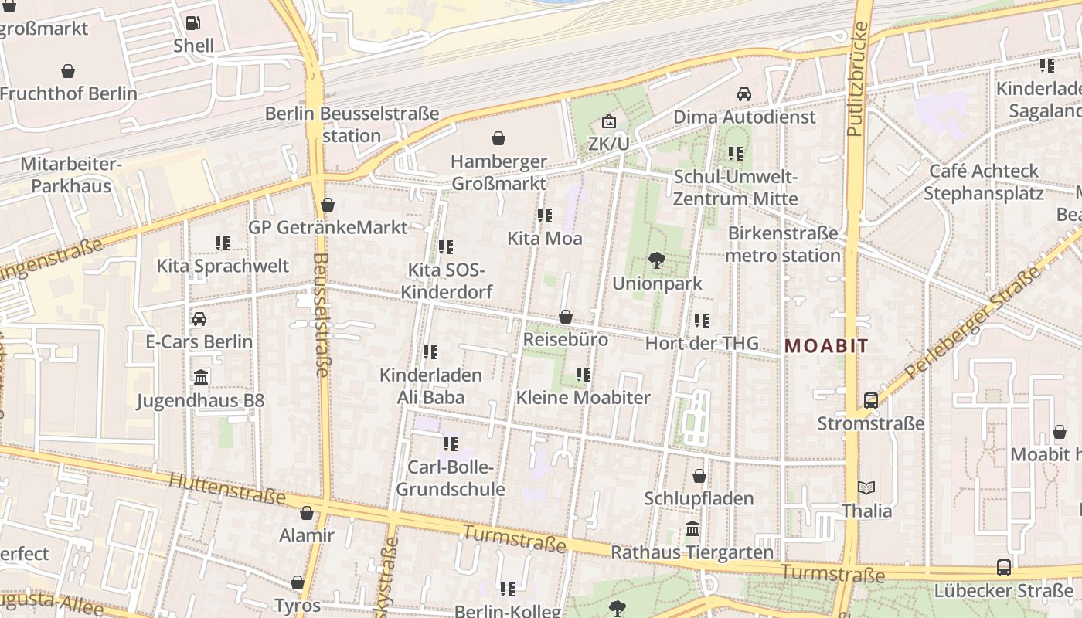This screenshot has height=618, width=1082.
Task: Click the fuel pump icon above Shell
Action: (x=193, y=23)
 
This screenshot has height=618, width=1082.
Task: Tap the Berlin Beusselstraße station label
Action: (x=352, y=124)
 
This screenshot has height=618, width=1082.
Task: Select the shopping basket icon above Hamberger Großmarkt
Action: (x=498, y=138)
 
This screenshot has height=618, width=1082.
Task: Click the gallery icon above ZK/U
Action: (x=608, y=121)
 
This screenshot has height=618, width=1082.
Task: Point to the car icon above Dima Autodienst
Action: (x=744, y=93)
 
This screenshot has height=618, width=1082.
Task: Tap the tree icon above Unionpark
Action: (x=657, y=260)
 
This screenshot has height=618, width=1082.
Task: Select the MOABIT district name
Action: (x=826, y=346)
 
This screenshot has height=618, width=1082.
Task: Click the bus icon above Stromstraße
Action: (x=871, y=400)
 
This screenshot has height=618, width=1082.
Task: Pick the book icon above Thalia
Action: (x=866, y=487)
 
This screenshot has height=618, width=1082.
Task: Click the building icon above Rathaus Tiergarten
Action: (x=692, y=529)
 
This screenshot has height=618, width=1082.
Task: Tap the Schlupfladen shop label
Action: (x=699, y=498)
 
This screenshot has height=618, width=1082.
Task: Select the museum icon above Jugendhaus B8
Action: (x=201, y=377)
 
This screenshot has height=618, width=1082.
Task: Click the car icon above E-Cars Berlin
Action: (x=199, y=318)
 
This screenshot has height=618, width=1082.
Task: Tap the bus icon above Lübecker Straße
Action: (x=1003, y=567)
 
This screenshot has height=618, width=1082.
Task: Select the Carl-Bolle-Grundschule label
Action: (x=450, y=478)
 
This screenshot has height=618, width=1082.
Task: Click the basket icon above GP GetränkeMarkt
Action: (x=328, y=205)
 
